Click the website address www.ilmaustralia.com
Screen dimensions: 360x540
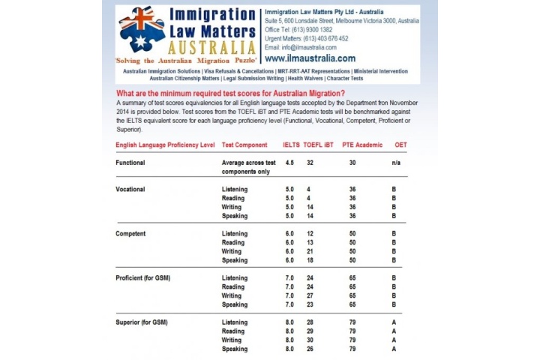coord(309,58)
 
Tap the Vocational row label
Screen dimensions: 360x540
coord(130,189)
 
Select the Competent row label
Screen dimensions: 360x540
coord(131,233)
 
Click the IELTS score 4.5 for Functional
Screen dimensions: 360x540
coord(289,162)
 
